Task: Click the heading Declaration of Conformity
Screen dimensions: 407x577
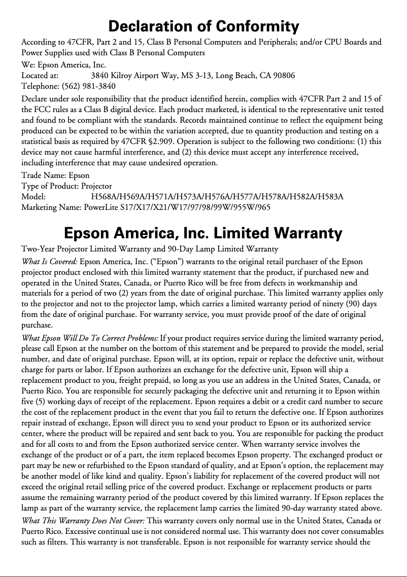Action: (203, 26)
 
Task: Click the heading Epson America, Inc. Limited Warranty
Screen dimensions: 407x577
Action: (203, 233)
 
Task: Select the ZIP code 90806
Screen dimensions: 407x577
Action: (284, 76)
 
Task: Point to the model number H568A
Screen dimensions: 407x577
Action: (102, 197)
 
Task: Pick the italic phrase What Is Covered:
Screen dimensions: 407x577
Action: (49, 262)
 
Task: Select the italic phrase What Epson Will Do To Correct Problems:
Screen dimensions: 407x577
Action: (90, 338)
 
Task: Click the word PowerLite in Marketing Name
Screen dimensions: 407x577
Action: (101, 207)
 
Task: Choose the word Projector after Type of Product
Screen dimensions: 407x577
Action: (96, 186)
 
